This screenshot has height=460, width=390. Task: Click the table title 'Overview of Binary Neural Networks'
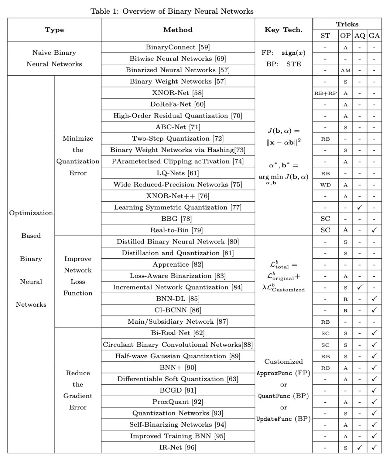point(188,11)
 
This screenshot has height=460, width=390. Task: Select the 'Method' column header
point(178,30)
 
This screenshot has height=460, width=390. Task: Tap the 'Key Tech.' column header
point(283,30)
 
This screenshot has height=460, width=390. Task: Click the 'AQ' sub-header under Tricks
point(360,35)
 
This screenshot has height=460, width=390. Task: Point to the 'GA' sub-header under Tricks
point(374,35)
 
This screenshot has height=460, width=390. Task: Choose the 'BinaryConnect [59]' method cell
point(178,47)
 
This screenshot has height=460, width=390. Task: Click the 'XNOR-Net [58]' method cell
point(178,93)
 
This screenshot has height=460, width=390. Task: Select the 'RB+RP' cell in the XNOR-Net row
point(325,93)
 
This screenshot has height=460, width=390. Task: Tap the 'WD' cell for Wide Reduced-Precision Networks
point(325,185)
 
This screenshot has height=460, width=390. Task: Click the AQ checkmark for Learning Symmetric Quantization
point(360,207)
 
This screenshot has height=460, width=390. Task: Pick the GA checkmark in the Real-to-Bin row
point(374,230)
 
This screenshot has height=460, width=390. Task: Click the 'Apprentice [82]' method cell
point(178,264)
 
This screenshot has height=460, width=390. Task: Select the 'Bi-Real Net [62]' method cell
point(178,333)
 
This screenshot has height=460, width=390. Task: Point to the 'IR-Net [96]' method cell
point(178,447)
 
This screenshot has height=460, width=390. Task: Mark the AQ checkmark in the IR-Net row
point(360,447)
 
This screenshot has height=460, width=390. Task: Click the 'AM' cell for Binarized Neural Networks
point(346,70)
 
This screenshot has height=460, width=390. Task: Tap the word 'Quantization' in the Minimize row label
point(78,161)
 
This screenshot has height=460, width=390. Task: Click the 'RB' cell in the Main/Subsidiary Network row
point(325,322)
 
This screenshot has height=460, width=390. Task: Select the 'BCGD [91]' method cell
point(178,390)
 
